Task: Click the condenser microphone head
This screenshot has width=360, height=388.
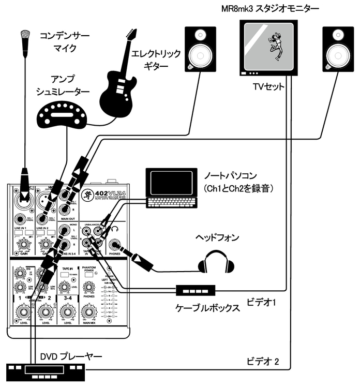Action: tap(23, 38)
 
